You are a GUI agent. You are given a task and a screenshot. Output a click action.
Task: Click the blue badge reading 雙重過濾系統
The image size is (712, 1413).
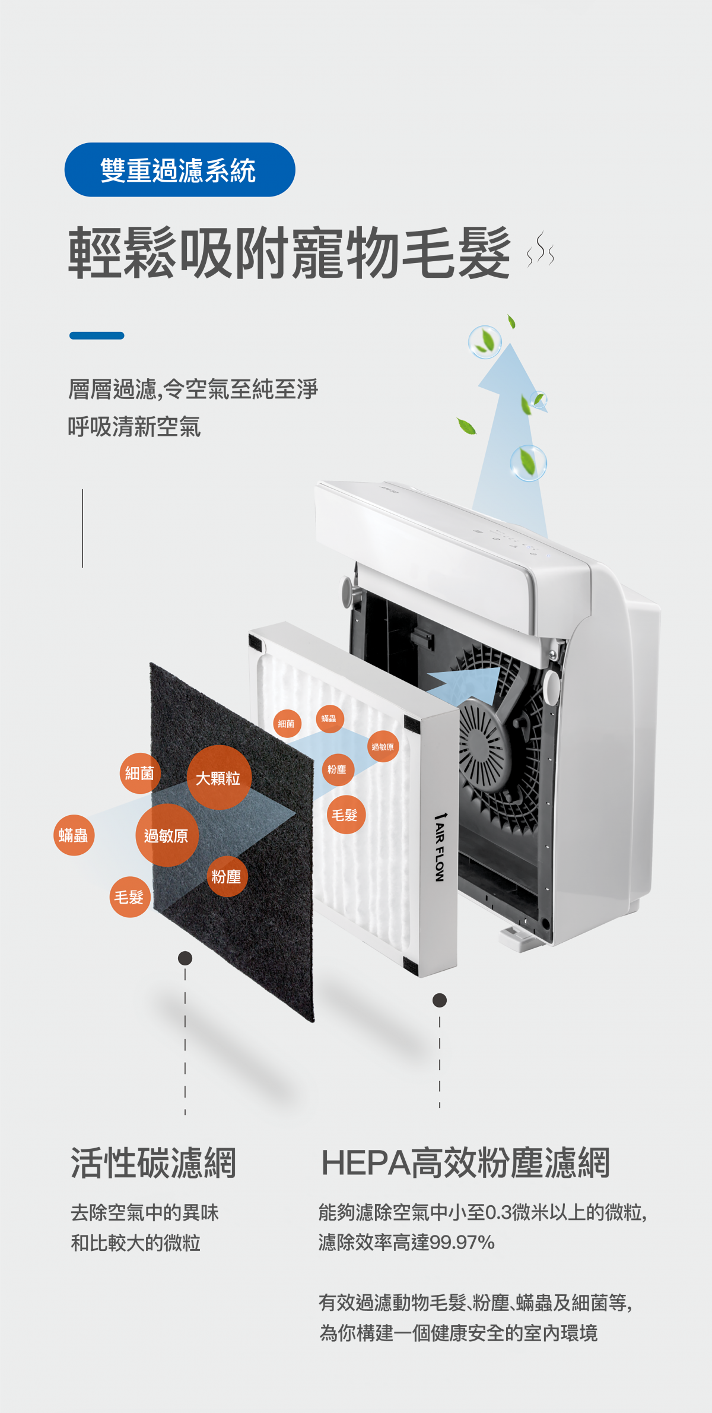point(180,170)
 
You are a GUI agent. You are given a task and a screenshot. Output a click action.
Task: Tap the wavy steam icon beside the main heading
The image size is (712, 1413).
point(541,250)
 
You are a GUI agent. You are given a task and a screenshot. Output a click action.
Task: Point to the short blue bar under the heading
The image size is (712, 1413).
point(97,335)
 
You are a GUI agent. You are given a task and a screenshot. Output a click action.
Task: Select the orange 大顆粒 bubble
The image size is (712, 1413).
point(218,778)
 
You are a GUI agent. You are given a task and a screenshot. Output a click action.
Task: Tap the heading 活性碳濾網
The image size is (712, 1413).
point(154,1163)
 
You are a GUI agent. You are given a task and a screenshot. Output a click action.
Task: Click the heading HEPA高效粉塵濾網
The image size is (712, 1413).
point(466,1163)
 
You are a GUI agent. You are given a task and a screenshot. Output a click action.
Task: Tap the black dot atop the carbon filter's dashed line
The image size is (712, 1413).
point(185,958)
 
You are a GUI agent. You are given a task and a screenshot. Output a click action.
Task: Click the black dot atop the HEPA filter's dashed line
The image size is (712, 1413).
point(440,1000)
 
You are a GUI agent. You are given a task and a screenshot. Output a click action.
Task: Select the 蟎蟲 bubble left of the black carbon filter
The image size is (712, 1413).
point(74,835)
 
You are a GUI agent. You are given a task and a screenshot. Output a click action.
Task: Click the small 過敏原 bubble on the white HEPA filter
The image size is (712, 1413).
point(383,746)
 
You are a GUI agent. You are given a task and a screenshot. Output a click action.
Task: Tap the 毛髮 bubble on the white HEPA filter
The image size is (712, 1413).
point(346,815)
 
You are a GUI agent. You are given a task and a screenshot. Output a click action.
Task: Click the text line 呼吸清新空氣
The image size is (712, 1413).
point(134,427)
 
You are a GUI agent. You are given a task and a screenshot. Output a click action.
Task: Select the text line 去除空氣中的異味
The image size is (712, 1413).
point(145,1212)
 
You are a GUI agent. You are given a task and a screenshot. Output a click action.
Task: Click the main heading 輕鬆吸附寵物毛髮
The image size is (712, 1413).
point(290,253)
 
